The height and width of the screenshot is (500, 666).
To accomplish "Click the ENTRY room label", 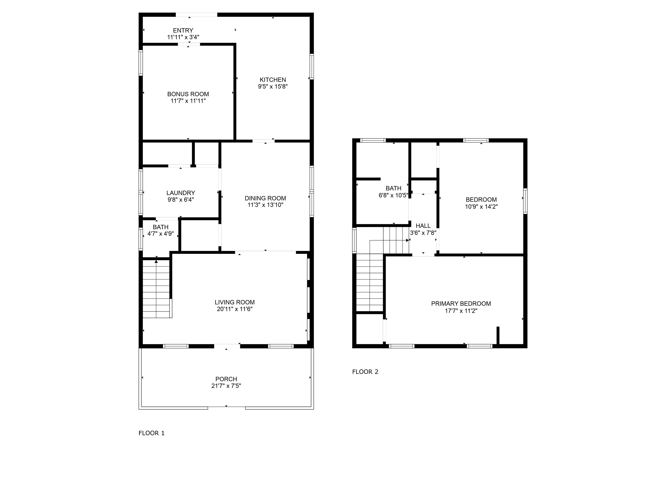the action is (x=183, y=30).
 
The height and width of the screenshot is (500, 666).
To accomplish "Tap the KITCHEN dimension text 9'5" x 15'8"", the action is (x=273, y=87).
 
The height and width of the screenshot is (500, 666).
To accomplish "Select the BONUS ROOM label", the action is (x=188, y=94).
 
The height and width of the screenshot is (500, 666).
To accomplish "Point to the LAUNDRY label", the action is (x=181, y=193).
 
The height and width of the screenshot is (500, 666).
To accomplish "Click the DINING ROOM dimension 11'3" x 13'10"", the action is (x=265, y=205).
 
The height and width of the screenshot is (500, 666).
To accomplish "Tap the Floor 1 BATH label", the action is (x=160, y=227).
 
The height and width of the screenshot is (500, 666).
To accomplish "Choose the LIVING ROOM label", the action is (x=235, y=302).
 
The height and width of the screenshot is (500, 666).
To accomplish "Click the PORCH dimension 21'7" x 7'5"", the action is (x=226, y=386).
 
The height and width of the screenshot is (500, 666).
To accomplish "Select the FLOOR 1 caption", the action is (x=152, y=433).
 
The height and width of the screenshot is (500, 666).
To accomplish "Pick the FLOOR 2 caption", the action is (x=365, y=372).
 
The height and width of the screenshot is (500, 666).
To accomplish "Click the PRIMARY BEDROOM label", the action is (x=461, y=304).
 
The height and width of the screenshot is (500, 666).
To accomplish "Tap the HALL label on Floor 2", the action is (x=423, y=226).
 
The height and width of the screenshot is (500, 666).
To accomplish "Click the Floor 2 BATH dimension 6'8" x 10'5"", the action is (x=393, y=195).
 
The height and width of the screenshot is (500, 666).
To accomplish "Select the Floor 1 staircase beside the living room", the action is (x=157, y=288).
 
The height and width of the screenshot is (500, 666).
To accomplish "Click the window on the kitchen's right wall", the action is (x=312, y=67).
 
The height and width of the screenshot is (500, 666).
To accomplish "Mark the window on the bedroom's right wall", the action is (x=525, y=201).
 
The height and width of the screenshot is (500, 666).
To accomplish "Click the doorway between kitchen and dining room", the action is (x=263, y=141).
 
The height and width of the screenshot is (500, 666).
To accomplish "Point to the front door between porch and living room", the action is (x=227, y=346).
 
